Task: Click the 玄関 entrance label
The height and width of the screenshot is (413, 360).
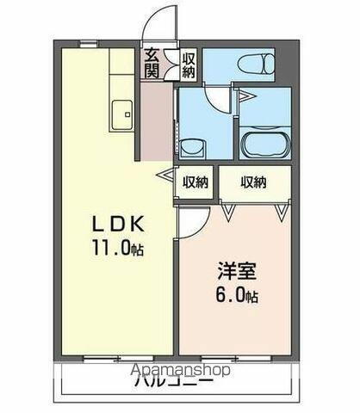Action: point(152,63)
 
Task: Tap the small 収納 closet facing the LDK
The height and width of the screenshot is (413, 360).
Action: point(196,181)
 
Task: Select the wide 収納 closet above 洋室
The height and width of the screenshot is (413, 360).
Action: point(253,181)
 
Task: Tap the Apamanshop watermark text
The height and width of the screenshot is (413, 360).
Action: point(179,371)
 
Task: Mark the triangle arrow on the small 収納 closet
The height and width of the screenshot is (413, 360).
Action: point(163,175)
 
